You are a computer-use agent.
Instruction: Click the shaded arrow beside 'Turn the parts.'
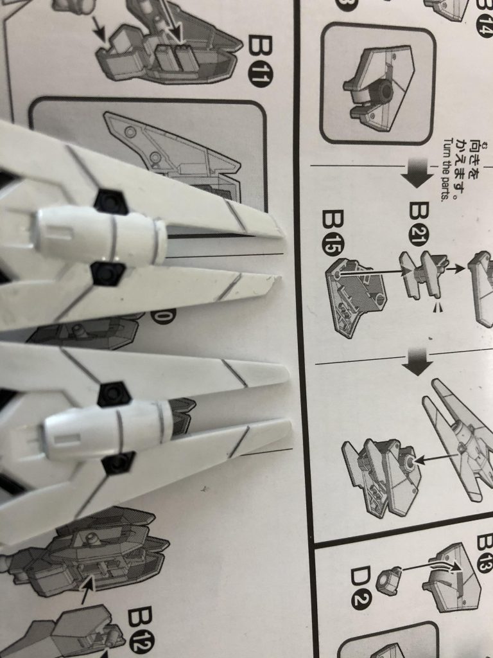(x=418, y=172)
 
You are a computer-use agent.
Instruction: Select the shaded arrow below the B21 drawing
(x=418, y=361)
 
